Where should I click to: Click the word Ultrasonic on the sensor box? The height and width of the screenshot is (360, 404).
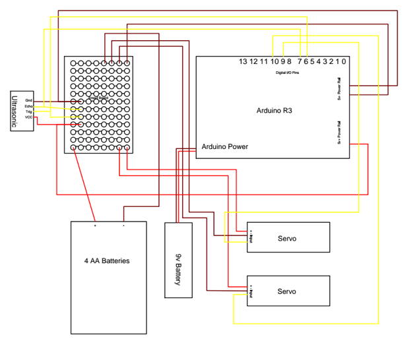click(x=17, y=110)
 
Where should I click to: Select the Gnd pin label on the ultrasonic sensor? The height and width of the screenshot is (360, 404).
click(x=29, y=100)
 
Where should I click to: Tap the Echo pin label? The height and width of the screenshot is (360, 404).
click(x=28, y=106)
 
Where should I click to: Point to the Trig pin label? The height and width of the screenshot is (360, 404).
click(x=29, y=112)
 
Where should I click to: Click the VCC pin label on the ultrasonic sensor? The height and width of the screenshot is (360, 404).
click(x=29, y=117)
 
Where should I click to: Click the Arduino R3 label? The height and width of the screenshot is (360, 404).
click(x=274, y=111)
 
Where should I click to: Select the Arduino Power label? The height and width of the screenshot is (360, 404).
click(x=225, y=146)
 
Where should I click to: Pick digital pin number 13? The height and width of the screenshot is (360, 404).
click(x=244, y=61)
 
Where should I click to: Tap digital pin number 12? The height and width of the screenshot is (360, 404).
click(x=254, y=61)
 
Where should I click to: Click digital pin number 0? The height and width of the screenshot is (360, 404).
click(x=344, y=61)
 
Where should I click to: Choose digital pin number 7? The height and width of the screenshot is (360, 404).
click(x=299, y=61)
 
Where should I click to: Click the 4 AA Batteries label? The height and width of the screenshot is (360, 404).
click(x=108, y=261)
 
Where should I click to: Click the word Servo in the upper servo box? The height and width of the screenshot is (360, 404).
click(x=286, y=237)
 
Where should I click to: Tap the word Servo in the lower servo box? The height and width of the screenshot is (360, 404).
click(x=286, y=291)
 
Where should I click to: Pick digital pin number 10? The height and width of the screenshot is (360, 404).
click(x=274, y=61)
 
